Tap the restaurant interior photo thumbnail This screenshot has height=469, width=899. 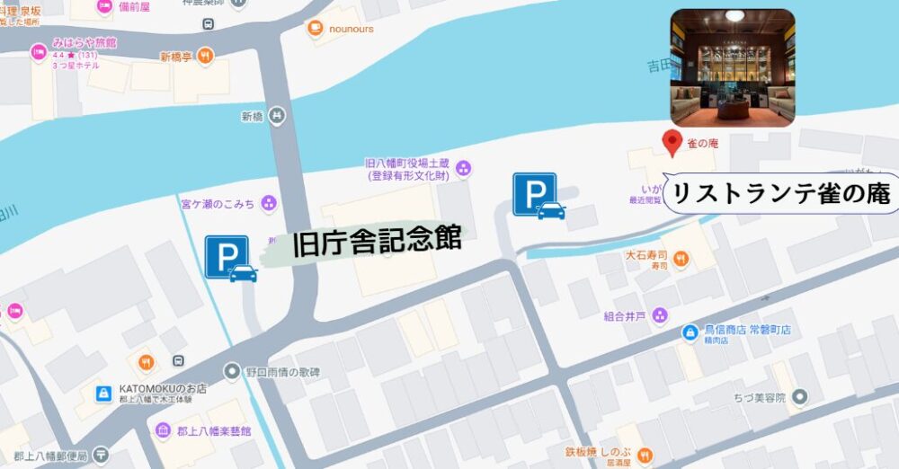pos(733,66)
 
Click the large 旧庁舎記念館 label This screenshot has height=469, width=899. pos(378,241)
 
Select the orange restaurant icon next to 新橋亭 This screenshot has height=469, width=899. pos(206,56)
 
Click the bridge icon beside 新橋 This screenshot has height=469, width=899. pos(277,115)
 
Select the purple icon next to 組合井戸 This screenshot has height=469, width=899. pos(660,315)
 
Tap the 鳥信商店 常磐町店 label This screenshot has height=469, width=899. pos(748,331)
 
